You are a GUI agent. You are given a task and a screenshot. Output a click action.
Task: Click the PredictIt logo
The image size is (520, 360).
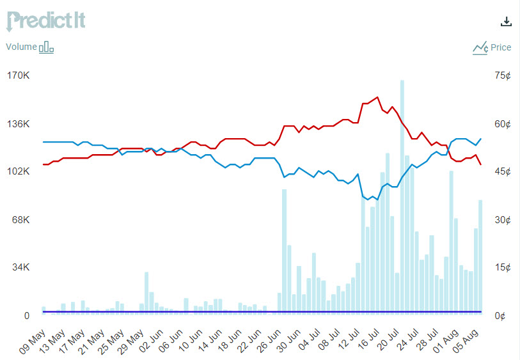tap(45, 20)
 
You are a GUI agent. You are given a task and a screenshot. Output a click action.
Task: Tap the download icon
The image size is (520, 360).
tap(506, 21)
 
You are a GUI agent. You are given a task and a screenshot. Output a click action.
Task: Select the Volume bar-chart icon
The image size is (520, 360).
tap(47, 47)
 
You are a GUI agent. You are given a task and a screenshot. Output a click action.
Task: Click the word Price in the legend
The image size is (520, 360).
tap(501, 47)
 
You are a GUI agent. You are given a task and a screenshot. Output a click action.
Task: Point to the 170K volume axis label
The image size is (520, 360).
tap(18, 75)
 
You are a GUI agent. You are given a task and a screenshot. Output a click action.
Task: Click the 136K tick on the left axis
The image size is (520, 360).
tap(18, 123)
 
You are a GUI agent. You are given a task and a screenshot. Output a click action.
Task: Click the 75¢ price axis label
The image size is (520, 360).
tap(503, 75)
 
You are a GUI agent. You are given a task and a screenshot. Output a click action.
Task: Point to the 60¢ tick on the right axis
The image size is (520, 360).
tap(503, 123)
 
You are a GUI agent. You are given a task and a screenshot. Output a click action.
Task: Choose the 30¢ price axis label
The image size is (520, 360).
tap(503, 219)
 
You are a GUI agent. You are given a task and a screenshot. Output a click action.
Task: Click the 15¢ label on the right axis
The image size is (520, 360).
tap(503, 267)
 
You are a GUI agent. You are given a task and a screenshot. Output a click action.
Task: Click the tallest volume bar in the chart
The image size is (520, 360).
tap(402, 192)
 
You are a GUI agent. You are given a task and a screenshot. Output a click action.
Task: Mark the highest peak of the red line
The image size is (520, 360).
tap(377, 97)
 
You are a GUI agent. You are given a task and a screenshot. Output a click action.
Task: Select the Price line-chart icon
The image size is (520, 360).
tap(480, 47)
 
